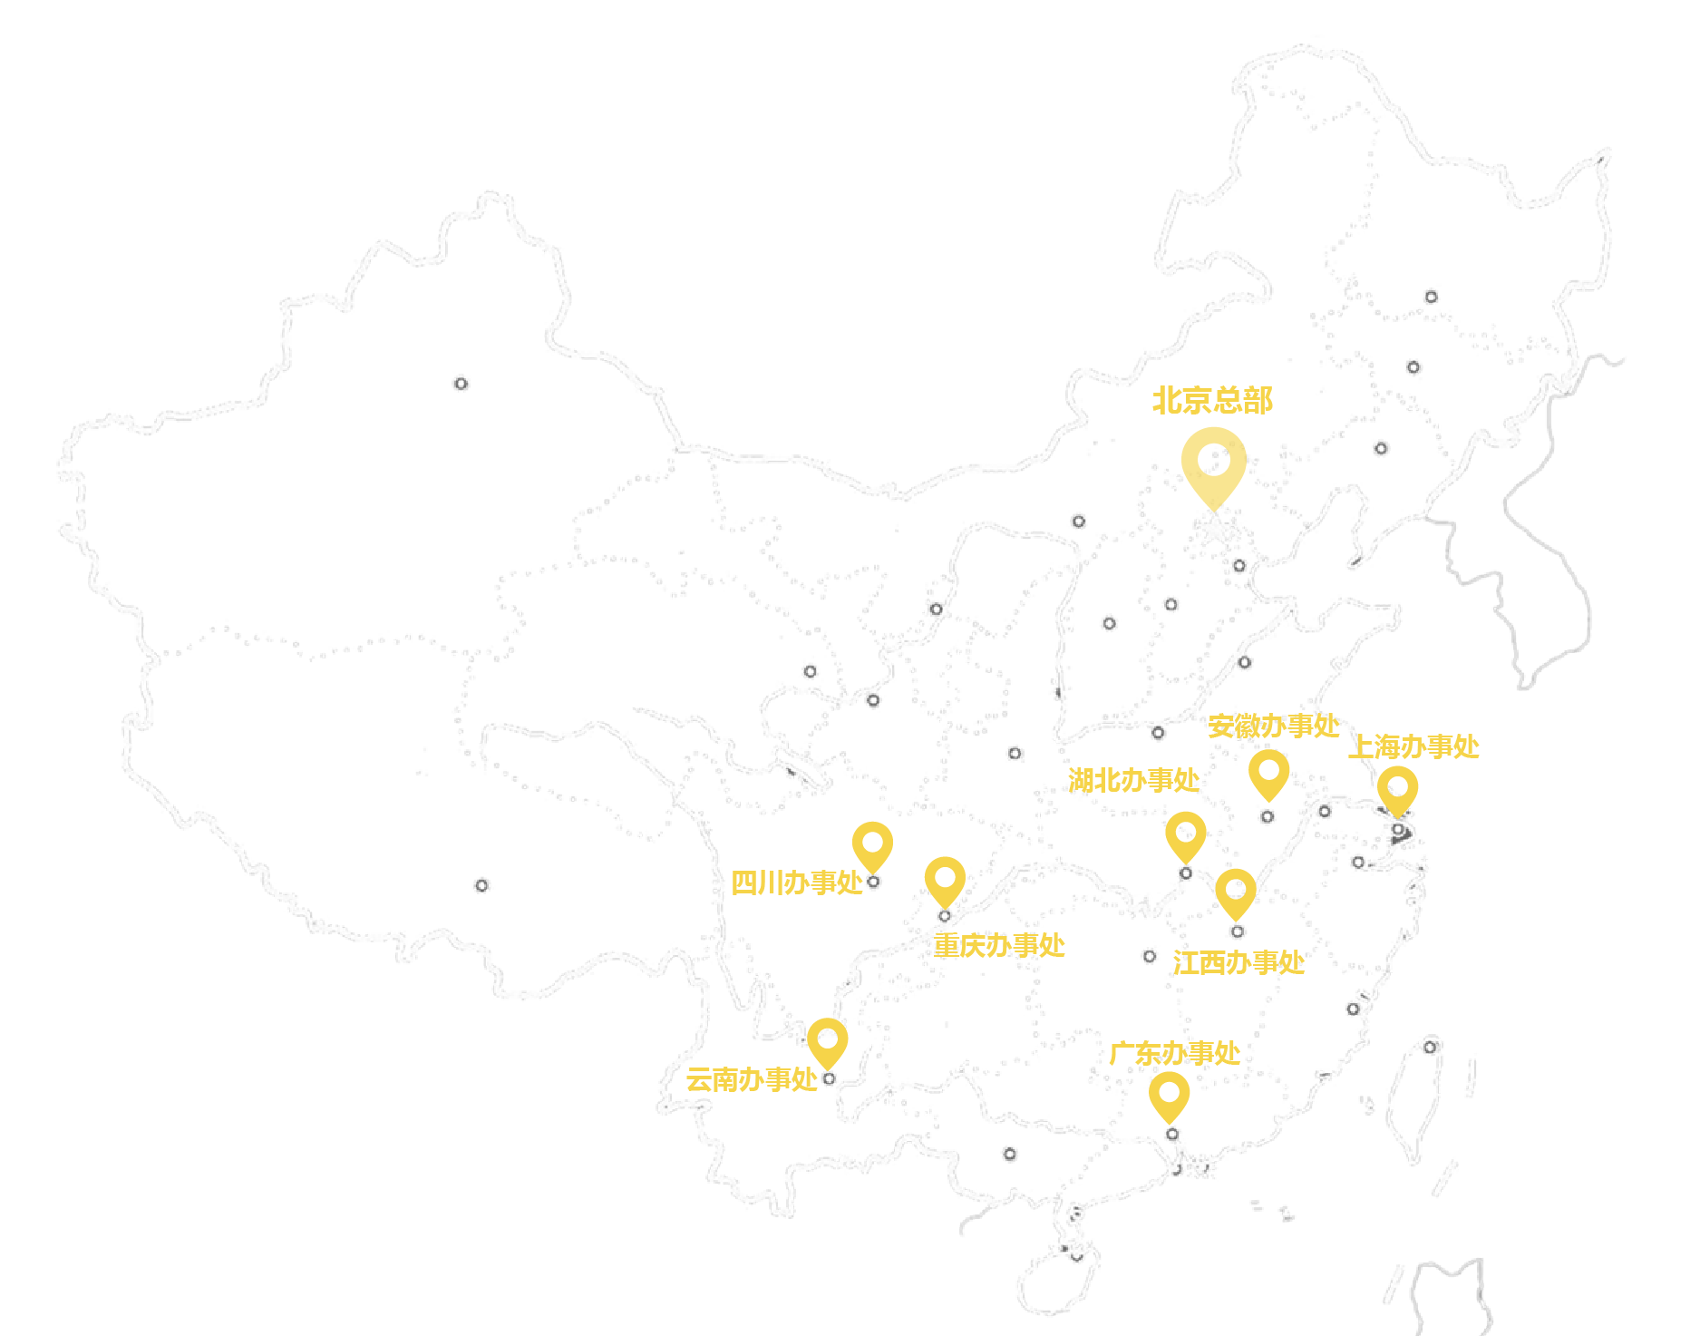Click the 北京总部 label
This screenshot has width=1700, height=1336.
pyautogui.click(x=1212, y=400)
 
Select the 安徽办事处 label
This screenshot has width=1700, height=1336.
pyautogui.click(x=1273, y=726)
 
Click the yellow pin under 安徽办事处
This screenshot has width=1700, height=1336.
pyautogui.click(x=1268, y=774)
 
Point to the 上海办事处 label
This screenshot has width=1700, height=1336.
pyautogui.click(x=1413, y=746)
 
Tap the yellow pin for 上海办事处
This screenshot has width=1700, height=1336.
pyautogui.click(x=1397, y=789)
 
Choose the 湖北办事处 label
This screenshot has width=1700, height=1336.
pyautogui.click(x=1133, y=780)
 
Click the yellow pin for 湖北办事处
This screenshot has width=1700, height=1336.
pyautogui.click(x=1185, y=834)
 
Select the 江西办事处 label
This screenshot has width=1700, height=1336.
pyautogui.click(x=1238, y=962)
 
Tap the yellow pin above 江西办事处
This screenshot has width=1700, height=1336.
pyautogui.click(x=1235, y=891)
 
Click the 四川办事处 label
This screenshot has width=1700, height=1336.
pyautogui.click(x=796, y=882)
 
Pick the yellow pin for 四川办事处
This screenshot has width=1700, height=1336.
pyautogui.click(x=872, y=844)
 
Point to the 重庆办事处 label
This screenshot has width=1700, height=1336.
pyautogui.click(x=999, y=945)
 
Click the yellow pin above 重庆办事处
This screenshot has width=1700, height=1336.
pyautogui.click(x=945, y=880)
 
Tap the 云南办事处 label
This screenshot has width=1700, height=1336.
pyautogui.click(x=751, y=1079)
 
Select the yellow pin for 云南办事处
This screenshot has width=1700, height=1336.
pyautogui.click(x=827, y=1040)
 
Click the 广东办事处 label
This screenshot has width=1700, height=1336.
pyautogui.click(x=1174, y=1053)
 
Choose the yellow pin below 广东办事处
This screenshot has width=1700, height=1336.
pyautogui.click(x=1169, y=1094)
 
